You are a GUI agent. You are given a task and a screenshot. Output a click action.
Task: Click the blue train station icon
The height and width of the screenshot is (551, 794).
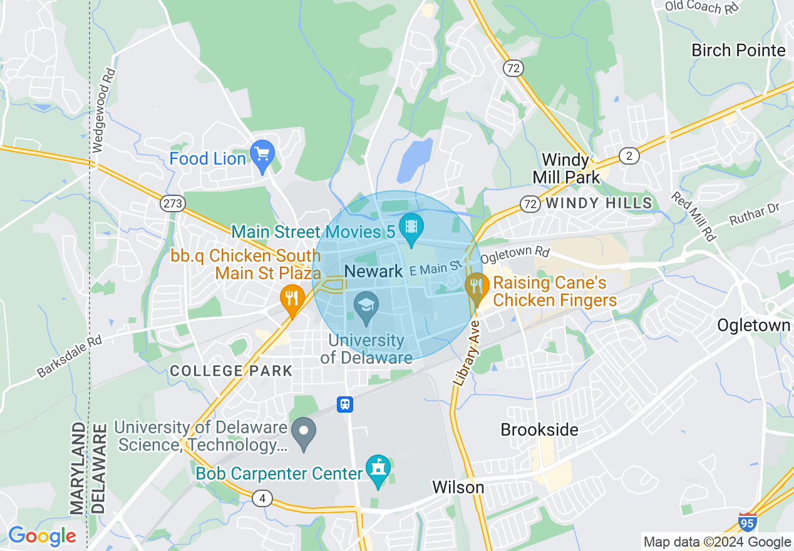344,404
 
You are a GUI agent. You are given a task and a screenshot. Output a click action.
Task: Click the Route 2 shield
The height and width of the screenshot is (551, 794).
629,156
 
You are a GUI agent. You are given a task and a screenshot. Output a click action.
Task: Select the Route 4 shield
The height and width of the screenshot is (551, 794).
262,498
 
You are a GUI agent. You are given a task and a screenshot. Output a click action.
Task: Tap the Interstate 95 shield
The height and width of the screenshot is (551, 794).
747,522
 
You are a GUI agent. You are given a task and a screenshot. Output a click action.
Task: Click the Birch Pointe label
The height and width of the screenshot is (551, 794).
738,50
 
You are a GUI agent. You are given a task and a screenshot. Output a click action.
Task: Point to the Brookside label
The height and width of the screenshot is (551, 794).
539,430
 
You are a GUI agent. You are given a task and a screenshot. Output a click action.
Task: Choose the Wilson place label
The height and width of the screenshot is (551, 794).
458,487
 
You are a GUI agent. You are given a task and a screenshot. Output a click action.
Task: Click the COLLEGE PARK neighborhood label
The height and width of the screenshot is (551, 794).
231,371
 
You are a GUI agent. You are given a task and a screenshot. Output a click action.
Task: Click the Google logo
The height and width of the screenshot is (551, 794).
42,536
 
